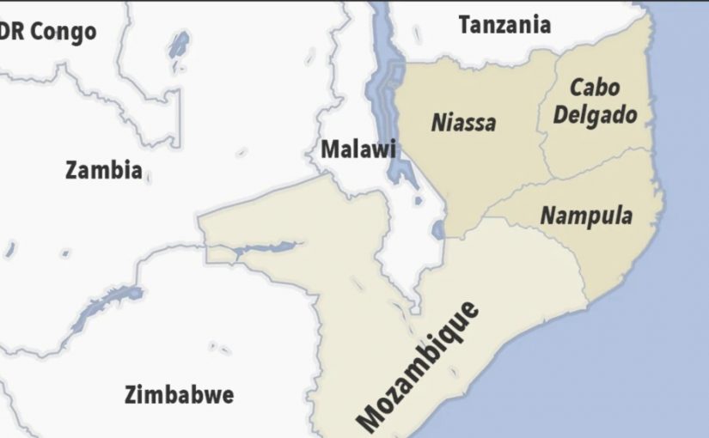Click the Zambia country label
click(103, 170)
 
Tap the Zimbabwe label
click(179, 395)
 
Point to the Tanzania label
click(504, 25)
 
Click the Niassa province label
click(463, 122)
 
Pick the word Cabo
click(595, 88)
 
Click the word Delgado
click(595, 114)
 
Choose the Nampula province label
click(585, 215)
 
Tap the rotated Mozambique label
click(420, 366)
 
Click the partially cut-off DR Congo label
click(47, 33)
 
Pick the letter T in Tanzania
click(465, 25)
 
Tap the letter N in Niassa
click(437, 121)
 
